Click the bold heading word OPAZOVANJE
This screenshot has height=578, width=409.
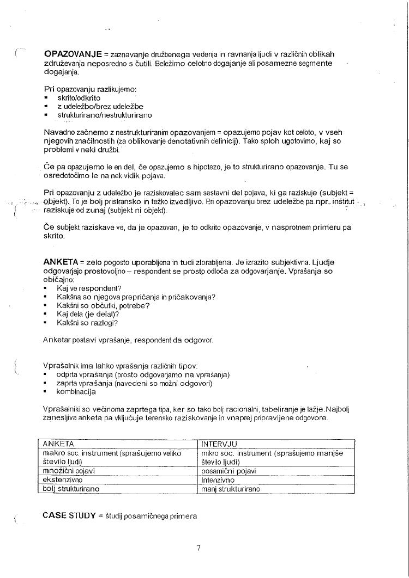73,54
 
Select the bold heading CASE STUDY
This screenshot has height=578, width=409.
69,515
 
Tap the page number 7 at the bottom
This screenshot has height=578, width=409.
199,548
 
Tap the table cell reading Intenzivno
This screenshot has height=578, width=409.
218,480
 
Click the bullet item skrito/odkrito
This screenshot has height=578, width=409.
79,98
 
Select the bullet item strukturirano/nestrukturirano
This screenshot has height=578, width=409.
105,115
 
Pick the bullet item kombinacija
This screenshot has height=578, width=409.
76,392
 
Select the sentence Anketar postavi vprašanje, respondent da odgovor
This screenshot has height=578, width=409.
128,340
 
